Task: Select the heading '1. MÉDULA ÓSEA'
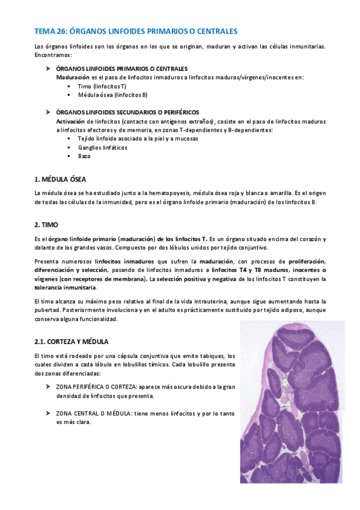pos(60,179)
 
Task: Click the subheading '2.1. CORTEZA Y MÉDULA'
pos(72,341)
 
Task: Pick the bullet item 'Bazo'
pos(84,156)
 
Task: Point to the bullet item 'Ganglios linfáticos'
pos(102,147)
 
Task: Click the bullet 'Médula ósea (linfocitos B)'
pos(112,95)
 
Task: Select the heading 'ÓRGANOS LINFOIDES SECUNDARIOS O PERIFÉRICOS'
pos(127,112)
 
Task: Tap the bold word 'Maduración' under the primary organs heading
pos(74,78)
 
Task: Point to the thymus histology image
pos(291,401)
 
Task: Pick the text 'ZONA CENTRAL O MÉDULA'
pos(98,414)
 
